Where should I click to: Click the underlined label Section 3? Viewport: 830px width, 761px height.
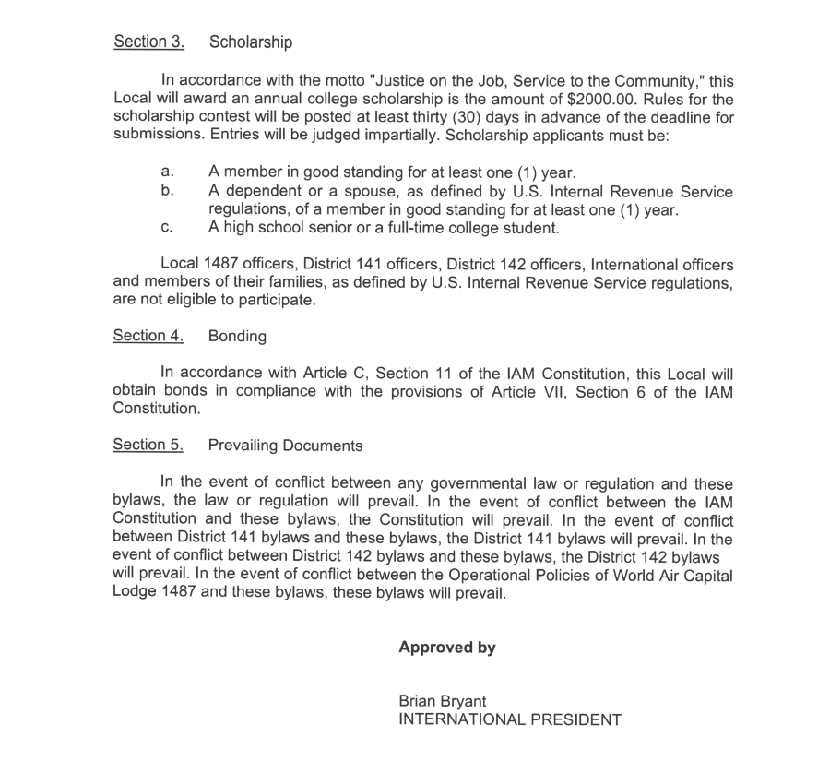[x=148, y=42]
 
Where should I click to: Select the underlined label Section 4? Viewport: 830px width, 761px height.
[x=148, y=336]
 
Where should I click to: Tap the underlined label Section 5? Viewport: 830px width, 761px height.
[x=148, y=446]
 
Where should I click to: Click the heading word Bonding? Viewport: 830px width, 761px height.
[x=237, y=336]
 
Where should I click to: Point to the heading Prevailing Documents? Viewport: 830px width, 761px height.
[x=285, y=446]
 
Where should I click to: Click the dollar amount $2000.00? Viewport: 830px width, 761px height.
[x=592, y=99]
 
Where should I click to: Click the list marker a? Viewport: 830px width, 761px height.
[x=167, y=172]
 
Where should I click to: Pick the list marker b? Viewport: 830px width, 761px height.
[x=167, y=191]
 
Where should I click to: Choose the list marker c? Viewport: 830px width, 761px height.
[x=167, y=228]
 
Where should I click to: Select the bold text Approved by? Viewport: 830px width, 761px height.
[x=447, y=648]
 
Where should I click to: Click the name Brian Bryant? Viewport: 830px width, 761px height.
[x=443, y=701]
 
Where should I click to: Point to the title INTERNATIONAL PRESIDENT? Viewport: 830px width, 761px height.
[x=510, y=719]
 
